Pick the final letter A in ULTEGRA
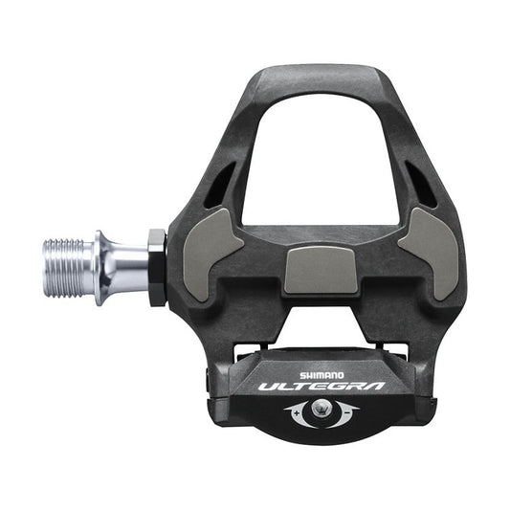pyautogui.click(x=373, y=387)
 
